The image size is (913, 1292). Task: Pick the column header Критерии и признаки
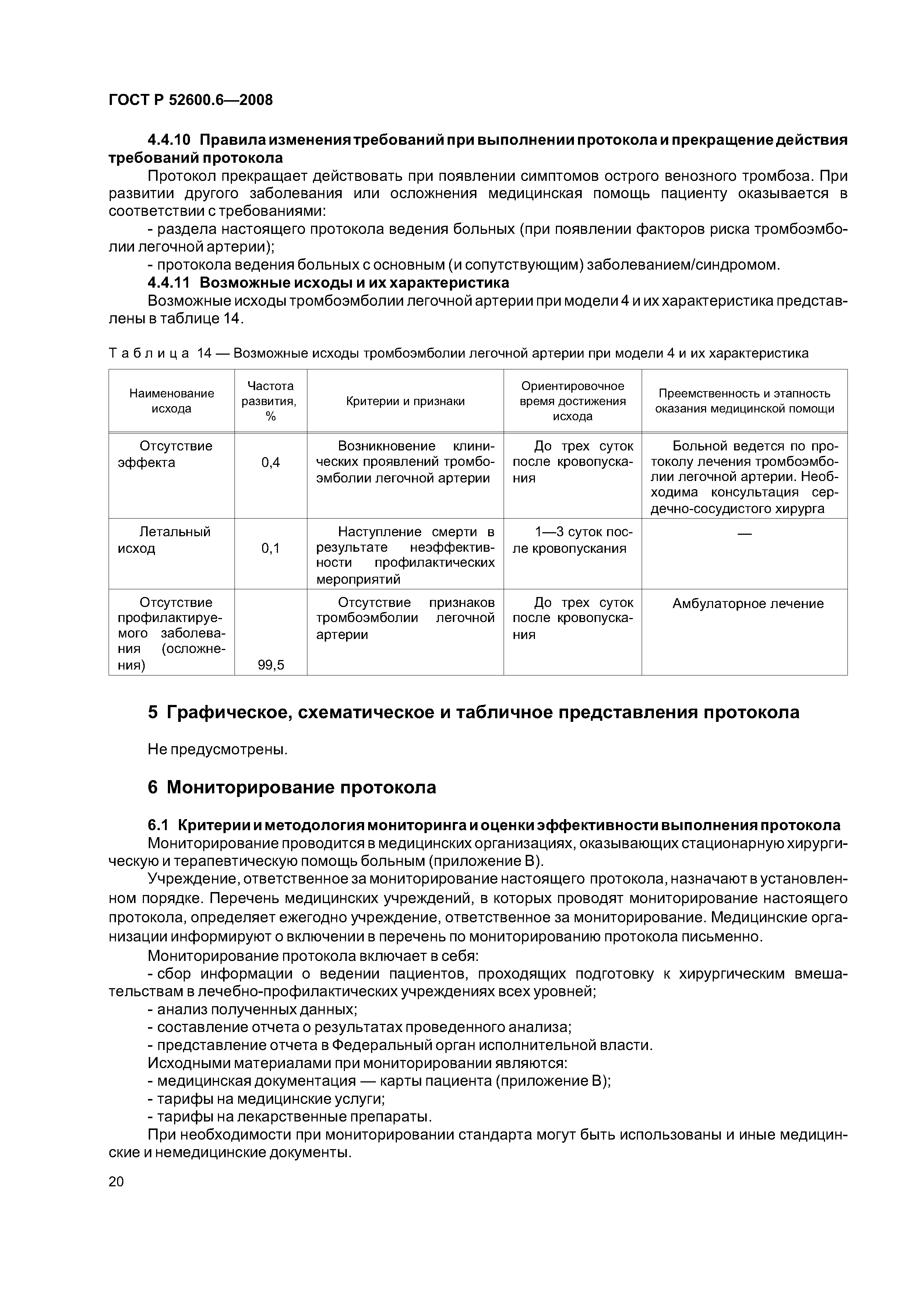[x=405, y=401]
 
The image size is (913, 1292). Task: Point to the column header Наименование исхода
[x=172, y=401]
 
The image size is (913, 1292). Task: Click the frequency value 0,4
[x=271, y=463]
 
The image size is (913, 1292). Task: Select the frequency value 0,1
[x=271, y=548]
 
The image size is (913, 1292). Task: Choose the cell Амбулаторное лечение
[x=748, y=604]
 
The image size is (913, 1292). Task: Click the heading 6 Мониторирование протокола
[x=292, y=787]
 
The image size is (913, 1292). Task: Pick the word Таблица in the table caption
[x=148, y=354]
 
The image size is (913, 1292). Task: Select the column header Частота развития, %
[x=271, y=401]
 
